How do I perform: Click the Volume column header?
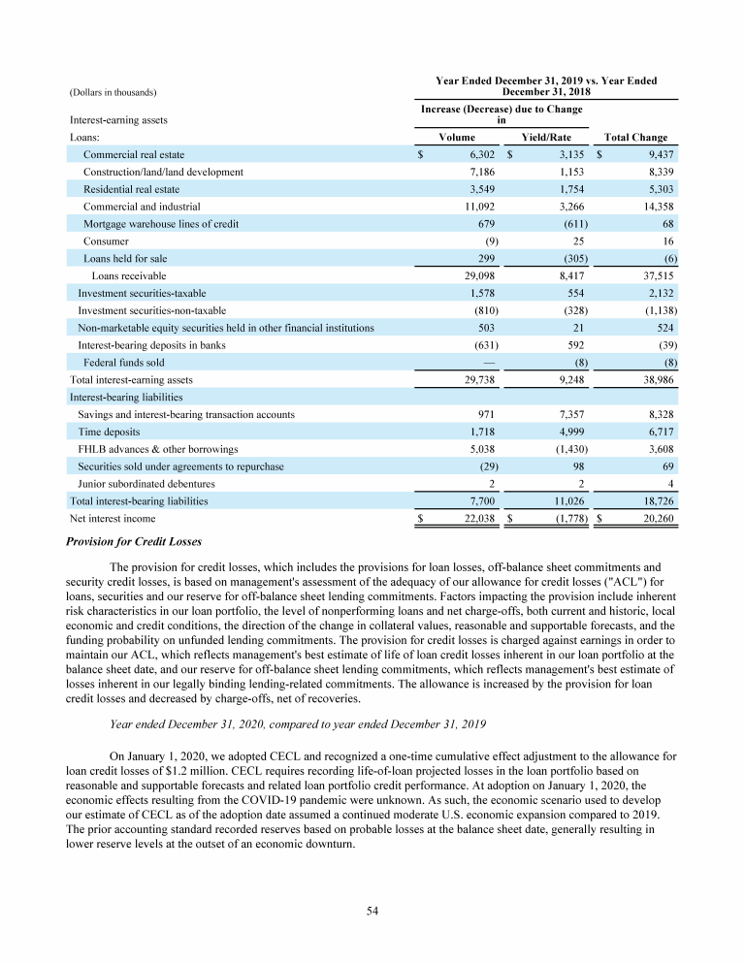coord(457,138)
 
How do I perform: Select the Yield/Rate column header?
coord(546,138)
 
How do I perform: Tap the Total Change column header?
coord(635,138)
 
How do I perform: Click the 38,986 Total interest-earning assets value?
coord(657,380)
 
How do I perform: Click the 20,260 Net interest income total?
coord(657,519)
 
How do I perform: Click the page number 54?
coord(372,910)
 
